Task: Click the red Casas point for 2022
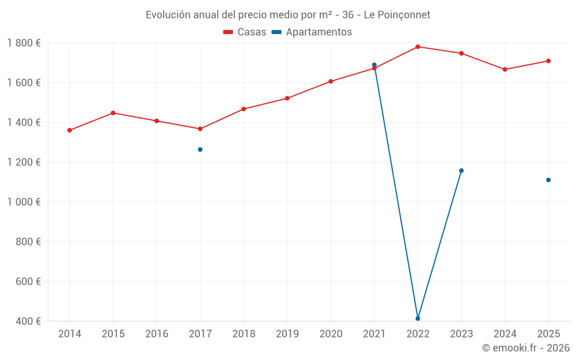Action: tap(418, 47)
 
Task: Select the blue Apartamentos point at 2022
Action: tap(418, 319)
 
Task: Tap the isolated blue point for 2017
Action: tap(200, 150)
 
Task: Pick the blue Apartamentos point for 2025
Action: tap(548, 180)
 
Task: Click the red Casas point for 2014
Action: tap(69, 130)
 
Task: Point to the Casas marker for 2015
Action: tap(113, 113)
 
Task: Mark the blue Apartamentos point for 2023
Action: tap(461, 170)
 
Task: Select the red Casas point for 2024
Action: tap(505, 70)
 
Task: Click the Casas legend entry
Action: tap(245, 32)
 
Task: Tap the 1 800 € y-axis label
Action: tap(24, 43)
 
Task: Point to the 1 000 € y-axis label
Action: tap(24, 202)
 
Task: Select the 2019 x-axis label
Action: tap(287, 334)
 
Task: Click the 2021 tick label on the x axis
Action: tap(374, 334)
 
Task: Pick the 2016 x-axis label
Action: tap(157, 334)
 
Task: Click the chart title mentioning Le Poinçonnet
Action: tap(287, 15)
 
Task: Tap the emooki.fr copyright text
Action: tap(525, 348)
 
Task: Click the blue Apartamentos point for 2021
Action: tap(374, 65)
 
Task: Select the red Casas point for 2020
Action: tap(331, 81)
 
